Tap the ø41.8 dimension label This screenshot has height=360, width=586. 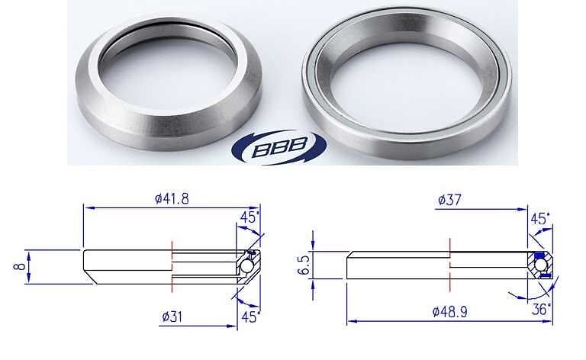coord(172,198)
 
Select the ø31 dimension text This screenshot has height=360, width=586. coord(172,317)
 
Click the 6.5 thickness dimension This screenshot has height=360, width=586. coord(304,265)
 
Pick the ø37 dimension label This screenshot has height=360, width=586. coord(449,200)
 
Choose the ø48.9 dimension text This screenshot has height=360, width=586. coord(449,311)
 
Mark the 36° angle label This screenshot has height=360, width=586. coord(542,309)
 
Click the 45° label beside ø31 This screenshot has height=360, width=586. coord(250,317)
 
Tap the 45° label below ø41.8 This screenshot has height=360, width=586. coord(250,217)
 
